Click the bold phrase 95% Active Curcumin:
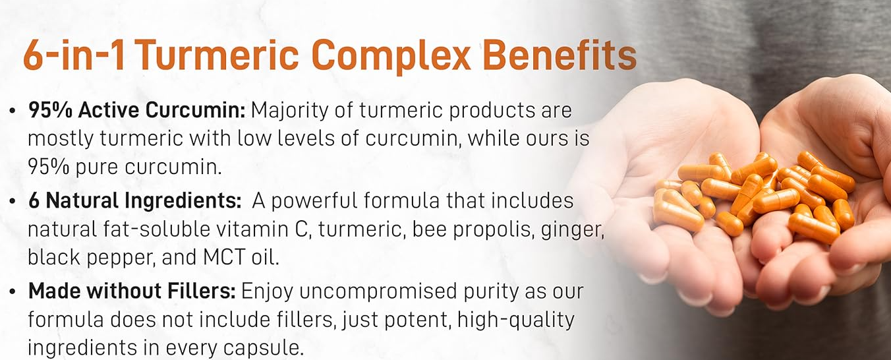(x=136, y=111)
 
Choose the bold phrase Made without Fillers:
(x=132, y=291)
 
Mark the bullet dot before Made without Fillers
(x=13, y=291)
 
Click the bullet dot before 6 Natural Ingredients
(x=13, y=201)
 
